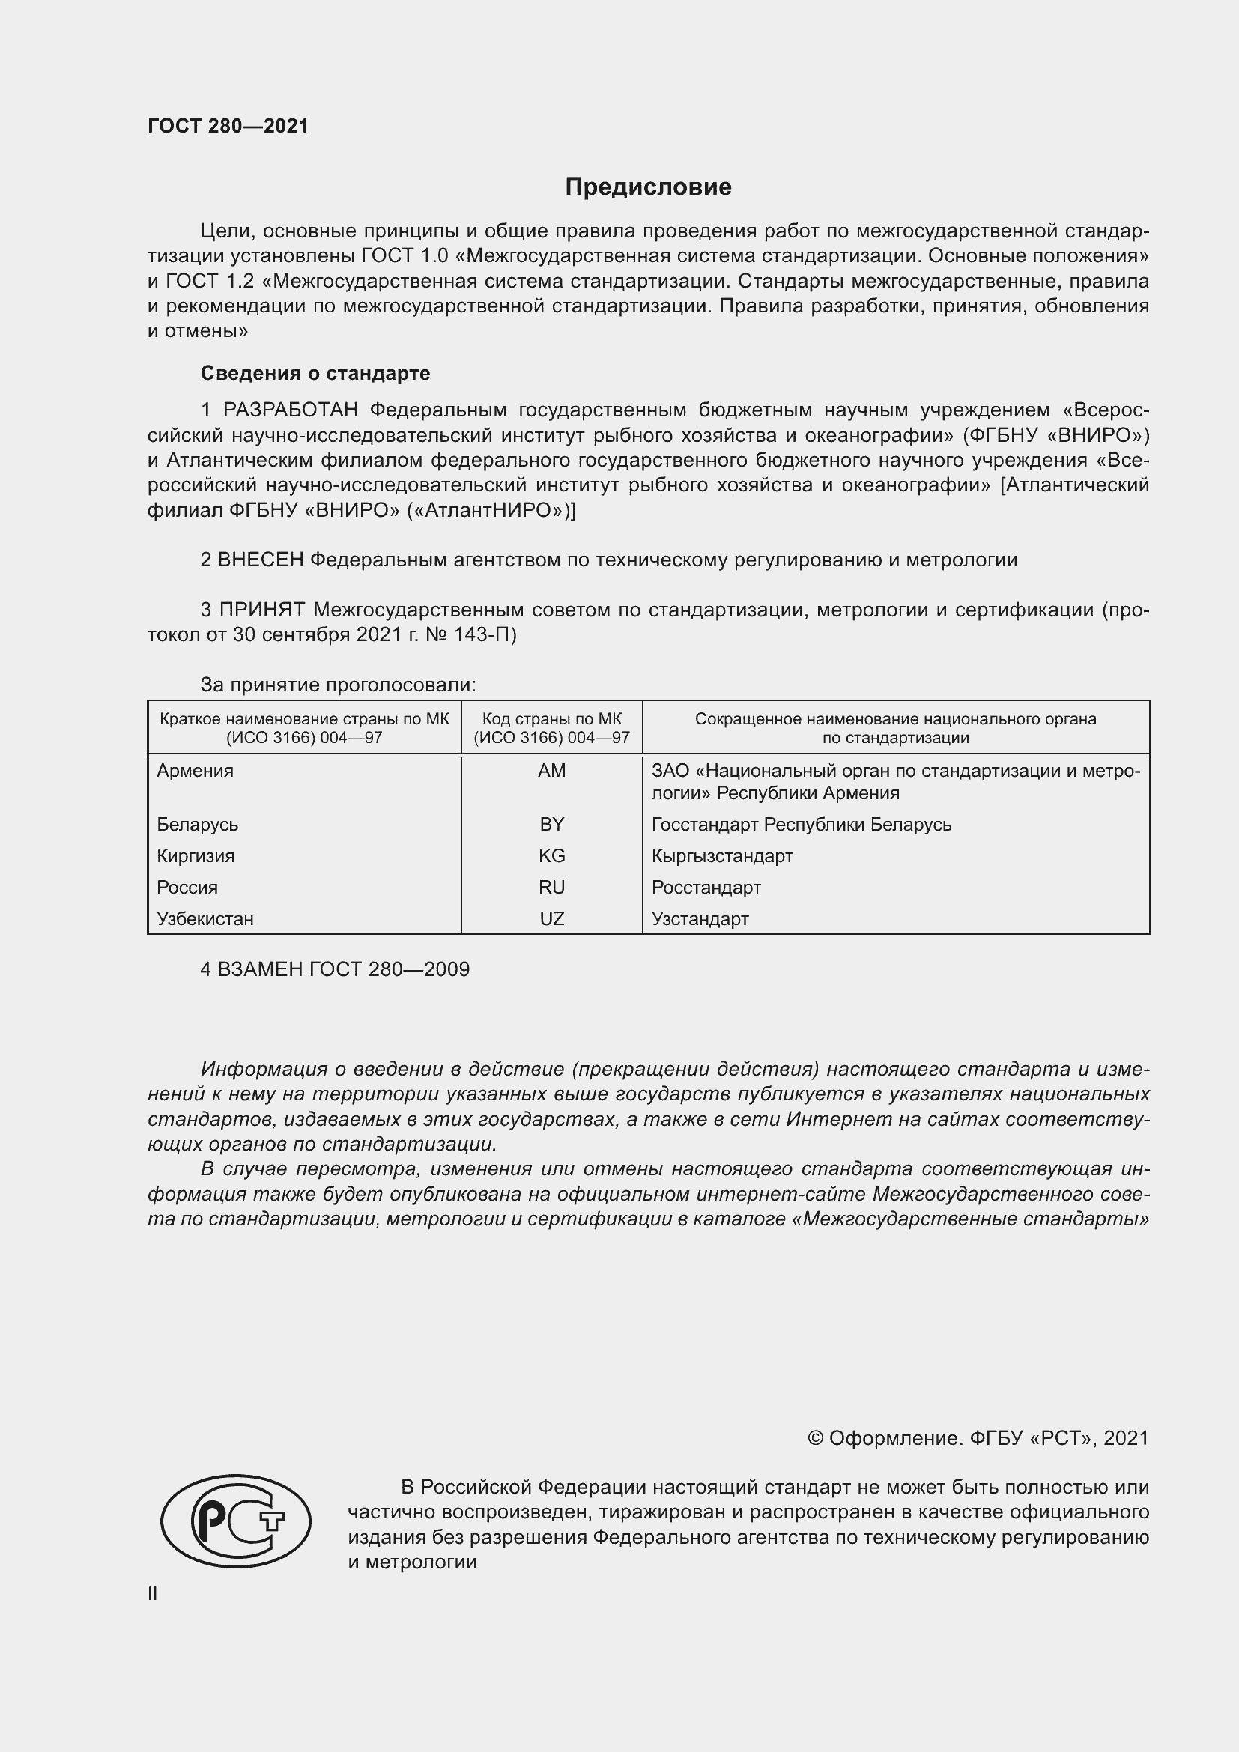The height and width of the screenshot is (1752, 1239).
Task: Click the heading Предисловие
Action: click(648, 187)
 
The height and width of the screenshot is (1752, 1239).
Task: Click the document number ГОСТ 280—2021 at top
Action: click(228, 126)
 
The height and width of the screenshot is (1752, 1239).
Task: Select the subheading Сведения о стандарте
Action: click(315, 373)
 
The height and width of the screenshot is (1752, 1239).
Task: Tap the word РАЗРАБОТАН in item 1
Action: click(290, 410)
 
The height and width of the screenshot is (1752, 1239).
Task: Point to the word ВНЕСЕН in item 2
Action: click(260, 560)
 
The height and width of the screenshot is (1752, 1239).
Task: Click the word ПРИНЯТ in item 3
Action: click(261, 610)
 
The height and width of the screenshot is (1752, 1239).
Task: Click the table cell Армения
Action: click(196, 771)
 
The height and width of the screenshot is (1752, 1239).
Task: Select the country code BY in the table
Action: click(551, 824)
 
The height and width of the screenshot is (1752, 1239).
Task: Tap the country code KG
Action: click(551, 855)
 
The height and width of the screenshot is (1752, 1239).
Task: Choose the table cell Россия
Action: click(187, 888)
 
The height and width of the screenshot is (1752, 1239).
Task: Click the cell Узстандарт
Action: click(700, 919)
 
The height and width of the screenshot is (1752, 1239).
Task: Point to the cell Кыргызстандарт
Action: click(721, 856)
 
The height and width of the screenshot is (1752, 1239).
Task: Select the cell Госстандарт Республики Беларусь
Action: click(801, 825)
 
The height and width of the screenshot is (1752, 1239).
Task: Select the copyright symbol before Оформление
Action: click(815, 1438)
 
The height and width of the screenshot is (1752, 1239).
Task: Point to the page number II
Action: click(153, 1593)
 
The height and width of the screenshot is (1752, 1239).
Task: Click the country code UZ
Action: click(551, 919)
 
